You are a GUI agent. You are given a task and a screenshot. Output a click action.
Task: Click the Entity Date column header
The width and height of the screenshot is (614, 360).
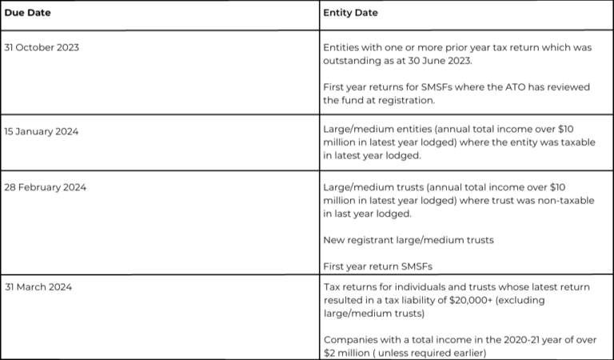(350, 13)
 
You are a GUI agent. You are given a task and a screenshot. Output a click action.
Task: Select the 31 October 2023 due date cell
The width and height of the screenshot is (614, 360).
(42, 47)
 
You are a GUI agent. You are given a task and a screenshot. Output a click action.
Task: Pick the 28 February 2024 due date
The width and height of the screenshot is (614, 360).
(45, 187)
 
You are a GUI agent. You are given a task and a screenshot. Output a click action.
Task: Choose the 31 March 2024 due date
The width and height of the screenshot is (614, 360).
(38, 287)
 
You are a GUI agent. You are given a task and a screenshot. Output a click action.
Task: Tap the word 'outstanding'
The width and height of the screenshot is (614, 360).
(353, 61)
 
